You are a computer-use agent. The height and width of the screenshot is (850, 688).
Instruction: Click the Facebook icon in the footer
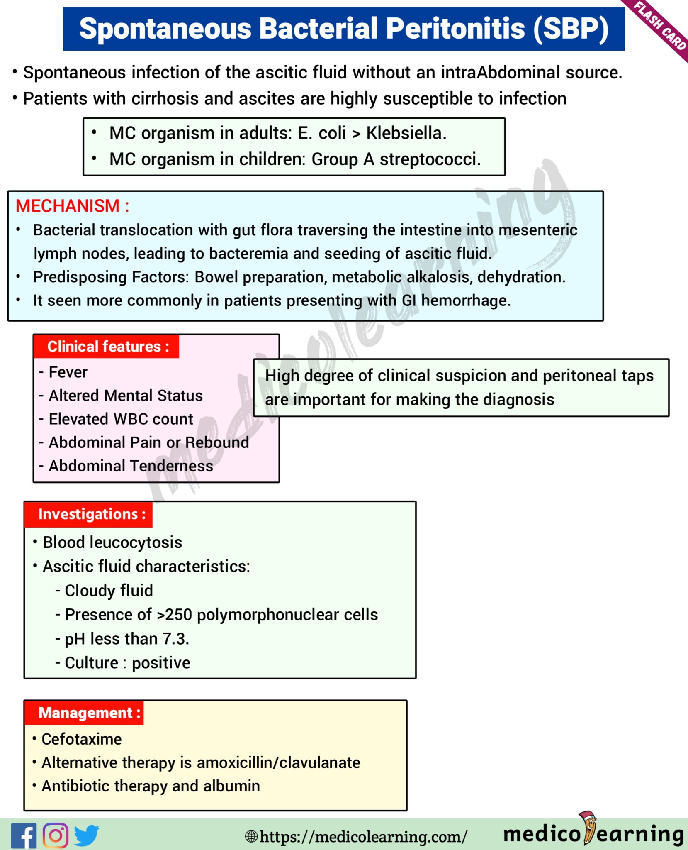[x=24, y=835]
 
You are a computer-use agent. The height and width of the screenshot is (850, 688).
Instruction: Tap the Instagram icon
[x=56, y=835]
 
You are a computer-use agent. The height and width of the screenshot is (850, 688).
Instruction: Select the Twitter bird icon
[x=86, y=835]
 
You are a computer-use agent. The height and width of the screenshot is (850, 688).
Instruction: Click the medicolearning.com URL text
[x=363, y=837]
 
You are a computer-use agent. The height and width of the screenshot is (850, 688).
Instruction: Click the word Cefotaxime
[x=82, y=739]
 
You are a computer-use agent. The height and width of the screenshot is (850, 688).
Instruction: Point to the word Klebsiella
[x=406, y=133]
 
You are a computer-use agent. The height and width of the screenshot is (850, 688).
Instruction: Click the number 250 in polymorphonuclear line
[x=179, y=615]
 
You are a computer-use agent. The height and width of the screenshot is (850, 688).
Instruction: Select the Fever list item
[x=68, y=372]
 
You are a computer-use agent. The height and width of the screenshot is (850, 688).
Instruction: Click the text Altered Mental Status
[x=125, y=396]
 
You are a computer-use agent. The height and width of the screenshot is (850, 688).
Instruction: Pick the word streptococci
[x=430, y=159]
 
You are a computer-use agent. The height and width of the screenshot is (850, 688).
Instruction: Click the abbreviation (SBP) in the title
[x=571, y=29]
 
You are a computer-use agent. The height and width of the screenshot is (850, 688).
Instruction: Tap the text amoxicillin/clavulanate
[x=278, y=762]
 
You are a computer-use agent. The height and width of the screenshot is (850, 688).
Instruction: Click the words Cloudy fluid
[x=109, y=591]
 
